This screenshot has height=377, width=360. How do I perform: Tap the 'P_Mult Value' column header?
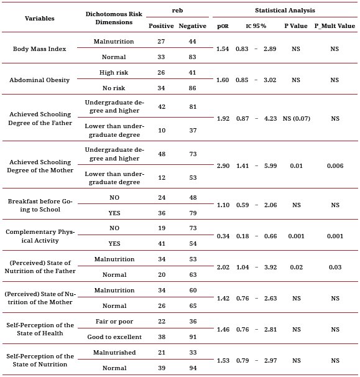click(x=334, y=26)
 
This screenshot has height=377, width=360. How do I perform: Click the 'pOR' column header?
click(x=222, y=26)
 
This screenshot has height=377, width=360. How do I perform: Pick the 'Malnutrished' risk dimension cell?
click(x=114, y=352)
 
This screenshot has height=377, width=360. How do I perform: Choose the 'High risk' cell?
click(x=114, y=72)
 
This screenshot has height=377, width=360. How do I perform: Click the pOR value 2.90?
click(x=222, y=165)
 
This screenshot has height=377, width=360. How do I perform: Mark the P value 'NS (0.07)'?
click(x=295, y=118)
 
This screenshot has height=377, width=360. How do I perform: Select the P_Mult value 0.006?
click(x=334, y=165)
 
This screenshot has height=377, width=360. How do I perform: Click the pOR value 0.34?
click(x=222, y=236)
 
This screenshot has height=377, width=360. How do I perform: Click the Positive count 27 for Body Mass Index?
click(x=161, y=41)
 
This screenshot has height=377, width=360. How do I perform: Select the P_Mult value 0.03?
click(x=334, y=267)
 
